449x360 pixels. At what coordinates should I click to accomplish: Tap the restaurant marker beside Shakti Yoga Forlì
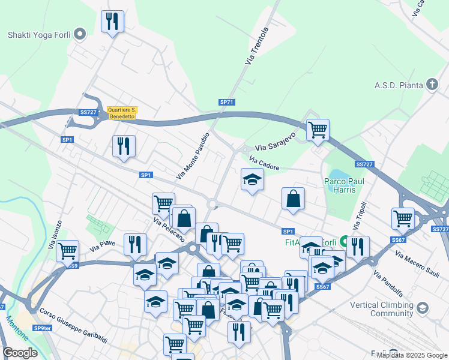[113, 22]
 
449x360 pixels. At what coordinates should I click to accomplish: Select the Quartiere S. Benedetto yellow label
[122, 113]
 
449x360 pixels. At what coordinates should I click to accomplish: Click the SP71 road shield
[226, 103]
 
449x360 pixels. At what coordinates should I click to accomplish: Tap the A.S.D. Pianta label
[400, 85]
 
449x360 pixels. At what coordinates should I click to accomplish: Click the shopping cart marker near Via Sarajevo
[318, 130]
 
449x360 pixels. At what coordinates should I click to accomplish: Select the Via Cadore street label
[264, 163]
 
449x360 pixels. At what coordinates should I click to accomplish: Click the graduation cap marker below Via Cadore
[252, 179]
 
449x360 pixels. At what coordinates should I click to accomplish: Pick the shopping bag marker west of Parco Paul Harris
[293, 199]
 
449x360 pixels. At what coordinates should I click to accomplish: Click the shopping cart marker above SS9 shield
[67, 250]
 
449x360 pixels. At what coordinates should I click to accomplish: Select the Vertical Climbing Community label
[383, 309]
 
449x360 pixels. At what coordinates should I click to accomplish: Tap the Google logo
[20, 353]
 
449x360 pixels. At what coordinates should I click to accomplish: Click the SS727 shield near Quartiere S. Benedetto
[88, 112]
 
